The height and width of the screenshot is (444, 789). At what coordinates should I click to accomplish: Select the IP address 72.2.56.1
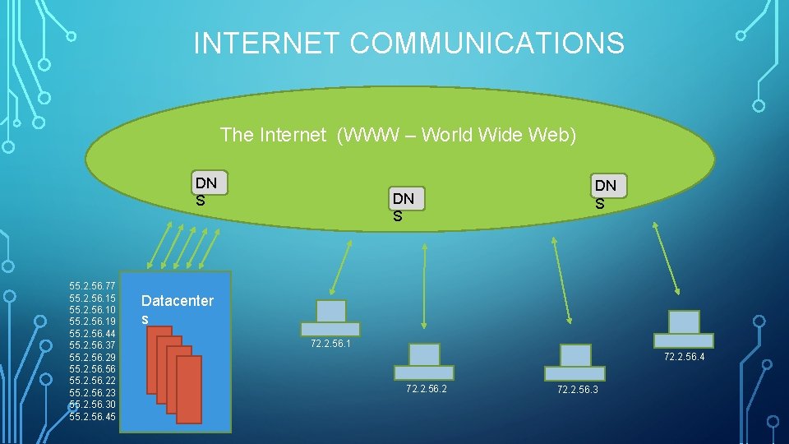331,344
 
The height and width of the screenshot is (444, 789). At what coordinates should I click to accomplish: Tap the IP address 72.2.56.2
427,388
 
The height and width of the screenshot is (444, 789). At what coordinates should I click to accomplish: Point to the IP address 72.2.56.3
578,389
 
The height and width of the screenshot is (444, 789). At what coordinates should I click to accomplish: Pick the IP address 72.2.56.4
684,357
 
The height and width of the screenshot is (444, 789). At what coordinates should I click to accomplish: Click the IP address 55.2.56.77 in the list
93,285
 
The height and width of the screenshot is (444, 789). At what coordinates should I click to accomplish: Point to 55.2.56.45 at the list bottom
93,417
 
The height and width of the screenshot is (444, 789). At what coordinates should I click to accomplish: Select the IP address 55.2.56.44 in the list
93,333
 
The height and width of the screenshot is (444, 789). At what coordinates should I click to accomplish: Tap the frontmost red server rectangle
189,389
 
